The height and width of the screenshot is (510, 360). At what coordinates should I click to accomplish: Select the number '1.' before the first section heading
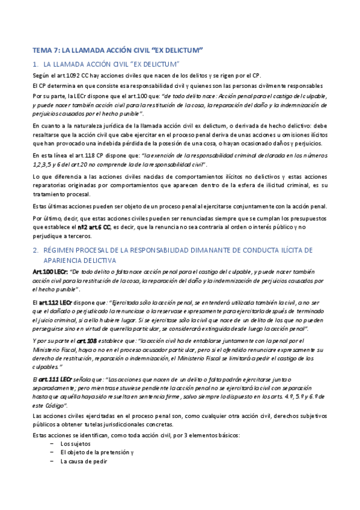(35, 63)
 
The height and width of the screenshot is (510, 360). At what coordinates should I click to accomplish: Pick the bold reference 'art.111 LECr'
(56, 379)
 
